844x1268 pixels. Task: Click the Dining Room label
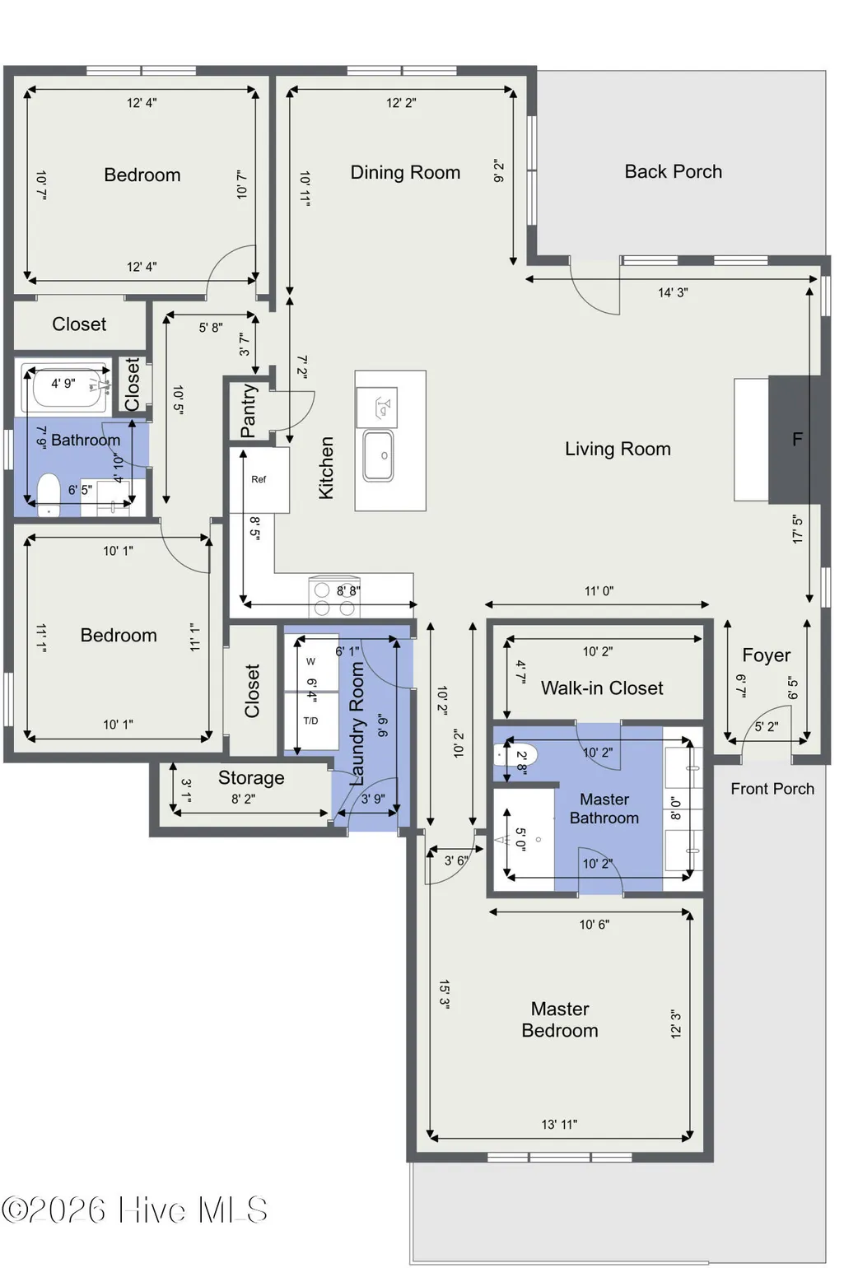click(x=405, y=172)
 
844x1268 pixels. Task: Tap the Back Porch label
click(x=673, y=171)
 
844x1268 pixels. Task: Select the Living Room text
click(x=618, y=449)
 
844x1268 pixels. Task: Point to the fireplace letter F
click(x=797, y=439)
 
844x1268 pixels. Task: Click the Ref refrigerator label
click(x=259, y=479)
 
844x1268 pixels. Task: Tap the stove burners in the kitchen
click(x=334, y=599)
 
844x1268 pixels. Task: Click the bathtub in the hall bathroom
click(x=68, y=387)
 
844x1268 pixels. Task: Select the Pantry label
click(x=249, y=410)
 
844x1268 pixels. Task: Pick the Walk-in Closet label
click(x=602, y=688)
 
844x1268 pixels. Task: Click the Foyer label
click(x=766, y=655)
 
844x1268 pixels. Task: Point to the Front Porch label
click(x=772, y=789)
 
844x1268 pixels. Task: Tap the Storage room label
click(x=251, y=778)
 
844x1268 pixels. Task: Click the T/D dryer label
click(x=310, y=720)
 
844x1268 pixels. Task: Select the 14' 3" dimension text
click(x=673, y=292)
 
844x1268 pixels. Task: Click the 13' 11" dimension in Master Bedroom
click(x=559, y=1124)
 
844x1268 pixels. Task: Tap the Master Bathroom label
click(x=604, y=809)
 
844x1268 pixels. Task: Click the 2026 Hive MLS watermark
click(x=134, y=1210)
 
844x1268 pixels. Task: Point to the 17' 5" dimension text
click(x=797, y=529)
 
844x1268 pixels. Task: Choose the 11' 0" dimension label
click(x=599, y=591)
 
